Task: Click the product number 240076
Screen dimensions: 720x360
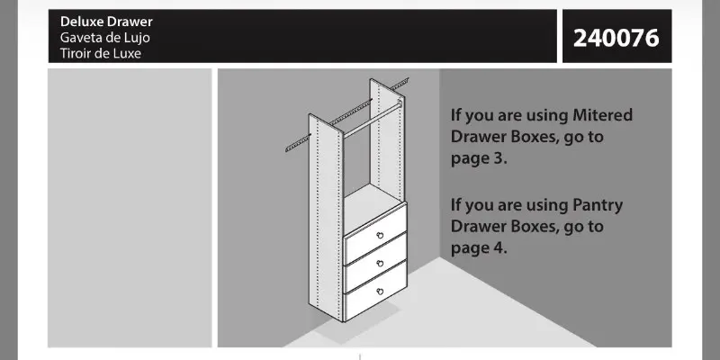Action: pyautogui.click(x=616, y=38)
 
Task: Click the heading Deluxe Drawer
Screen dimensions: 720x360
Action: pyautogui.click(x=106, y=22)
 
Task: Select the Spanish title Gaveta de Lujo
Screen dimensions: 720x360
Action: pyautogui.click(x=104, y=38)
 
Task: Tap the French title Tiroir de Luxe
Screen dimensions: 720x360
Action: pyautogui.click(x=101, y=53)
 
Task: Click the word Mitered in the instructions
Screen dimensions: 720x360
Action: pyautogui.click(x=602, y=115)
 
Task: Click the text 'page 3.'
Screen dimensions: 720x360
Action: pyautogui.click(x=479, y=159)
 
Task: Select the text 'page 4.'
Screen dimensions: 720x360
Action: pyautogui.click(x=479, y=248)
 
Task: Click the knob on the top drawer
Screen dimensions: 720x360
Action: pyautogui.click(x=380, y=236)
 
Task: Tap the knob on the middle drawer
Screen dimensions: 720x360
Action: pyautogui.click(x=380, y=264)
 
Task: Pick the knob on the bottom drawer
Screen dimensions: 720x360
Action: pyautogui.click(x=380, y=292)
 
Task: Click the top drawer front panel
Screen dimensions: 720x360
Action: pyautogui.click(x=375, y=234)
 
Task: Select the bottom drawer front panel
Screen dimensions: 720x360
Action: pyautogui.click(x=375, y=291)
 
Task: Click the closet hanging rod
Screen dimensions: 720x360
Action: pyautogui.click(x=373, y=120)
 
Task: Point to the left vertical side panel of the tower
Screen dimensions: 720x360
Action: pyautogui.click(x=326, y=217)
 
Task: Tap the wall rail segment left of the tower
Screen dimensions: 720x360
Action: pyautogui.click(x=298, y=143)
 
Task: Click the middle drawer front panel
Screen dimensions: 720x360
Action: pyautogui.click(x=375, y=263)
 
